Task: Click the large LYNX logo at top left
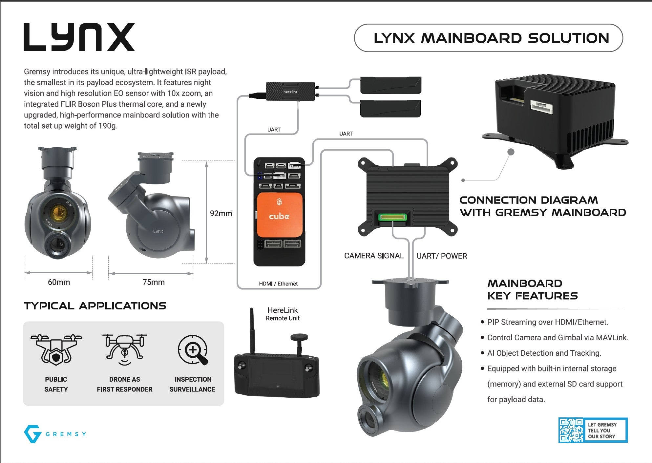coord(79,37)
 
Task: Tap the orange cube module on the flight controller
coord(279,214)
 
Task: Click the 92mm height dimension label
coord(221,214)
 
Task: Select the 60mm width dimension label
coord(59,282)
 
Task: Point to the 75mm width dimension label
coord(153,282)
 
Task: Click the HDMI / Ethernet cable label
coord(278,284)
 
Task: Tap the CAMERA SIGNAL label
coord(374,256)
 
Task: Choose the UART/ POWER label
coord(442,256)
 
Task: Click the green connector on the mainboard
coord(392,217)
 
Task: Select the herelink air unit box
coord(290,91)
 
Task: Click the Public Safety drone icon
coord(56,349)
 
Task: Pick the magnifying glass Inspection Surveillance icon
coord(193,350)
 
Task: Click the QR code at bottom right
coord(571,430)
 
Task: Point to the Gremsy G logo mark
coord(32,434)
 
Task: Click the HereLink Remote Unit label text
coord(283,314)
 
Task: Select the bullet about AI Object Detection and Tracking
coord(544,353)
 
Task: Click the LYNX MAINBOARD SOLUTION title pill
coord(488,38)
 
